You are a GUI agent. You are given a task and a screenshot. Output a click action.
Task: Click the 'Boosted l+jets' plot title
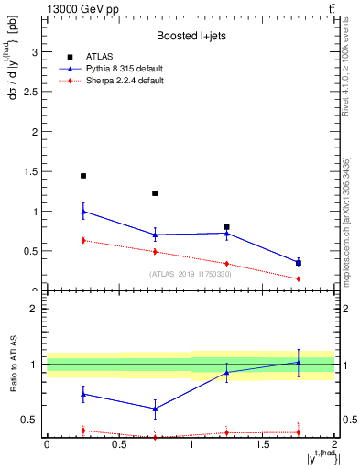[191, 37]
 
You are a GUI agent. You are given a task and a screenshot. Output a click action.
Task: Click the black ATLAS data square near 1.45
[83, 176]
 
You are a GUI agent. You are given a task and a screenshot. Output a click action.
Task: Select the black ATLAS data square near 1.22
[155, 193]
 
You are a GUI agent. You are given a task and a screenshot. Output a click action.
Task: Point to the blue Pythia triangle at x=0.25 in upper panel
[83, 212]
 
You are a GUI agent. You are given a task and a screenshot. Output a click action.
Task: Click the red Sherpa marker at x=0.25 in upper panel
[83, 240]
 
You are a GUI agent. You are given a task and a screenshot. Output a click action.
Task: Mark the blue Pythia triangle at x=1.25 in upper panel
[227, 233]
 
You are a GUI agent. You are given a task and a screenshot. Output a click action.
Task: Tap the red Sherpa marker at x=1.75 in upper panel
[299, 278]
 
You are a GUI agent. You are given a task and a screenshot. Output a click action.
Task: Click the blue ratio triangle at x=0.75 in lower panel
[155, 409]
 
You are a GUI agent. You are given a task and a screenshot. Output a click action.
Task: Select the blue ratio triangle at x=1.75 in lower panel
[299, 362]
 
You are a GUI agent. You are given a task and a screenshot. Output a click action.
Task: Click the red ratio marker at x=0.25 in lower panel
[83, 430]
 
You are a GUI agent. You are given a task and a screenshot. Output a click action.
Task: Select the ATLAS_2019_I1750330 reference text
[190, 274]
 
